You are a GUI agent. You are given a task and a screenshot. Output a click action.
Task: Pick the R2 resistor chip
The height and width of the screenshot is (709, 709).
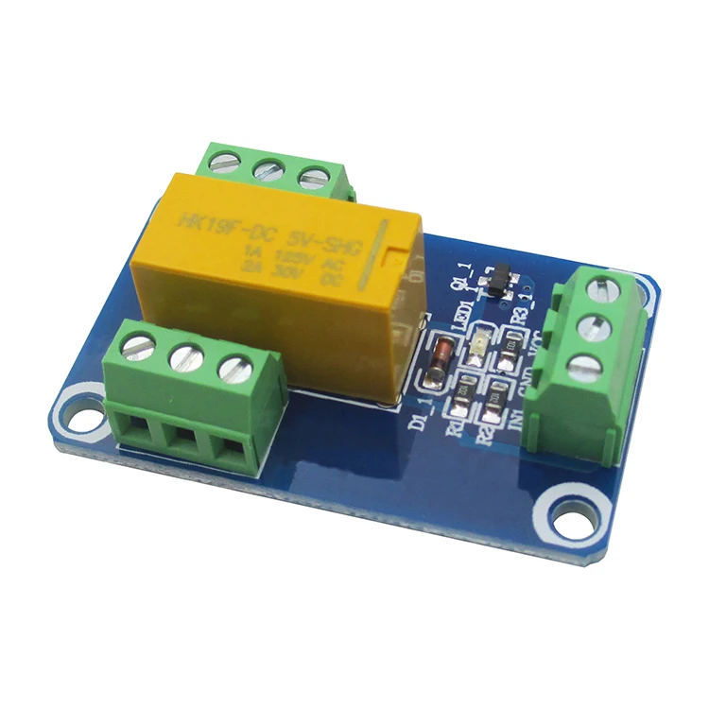tap(492, 412)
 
